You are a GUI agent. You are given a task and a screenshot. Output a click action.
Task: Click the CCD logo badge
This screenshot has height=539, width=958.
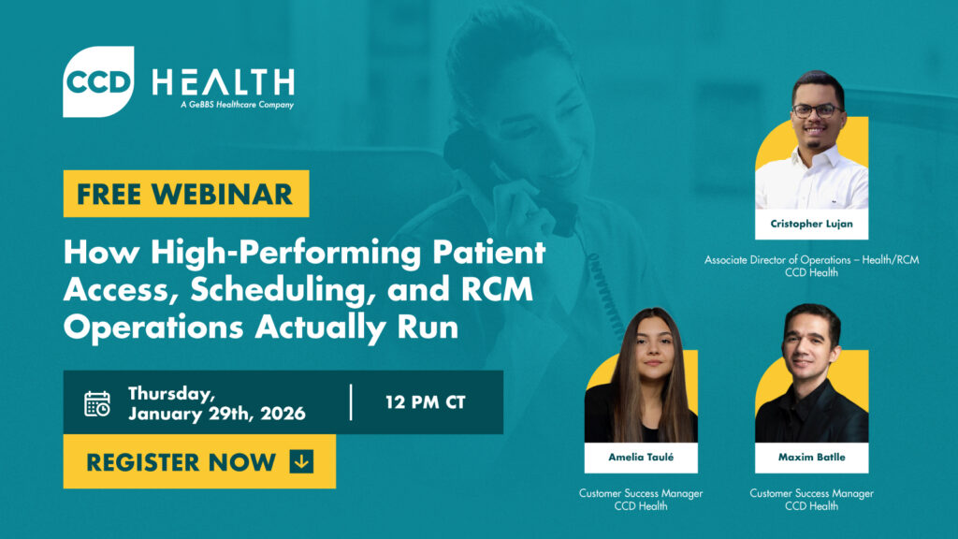[98, 81]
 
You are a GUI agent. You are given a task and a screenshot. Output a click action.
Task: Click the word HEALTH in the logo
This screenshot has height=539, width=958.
[224, 82]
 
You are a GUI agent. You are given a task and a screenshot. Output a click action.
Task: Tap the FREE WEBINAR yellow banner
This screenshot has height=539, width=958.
[185, 194]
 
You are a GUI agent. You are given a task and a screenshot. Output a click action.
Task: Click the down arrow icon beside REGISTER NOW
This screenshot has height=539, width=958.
[301, 461]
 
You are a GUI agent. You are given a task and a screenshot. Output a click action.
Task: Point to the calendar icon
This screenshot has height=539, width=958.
[97, 403]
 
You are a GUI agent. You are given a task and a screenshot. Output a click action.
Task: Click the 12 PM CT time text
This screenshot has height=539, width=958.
[426, 403]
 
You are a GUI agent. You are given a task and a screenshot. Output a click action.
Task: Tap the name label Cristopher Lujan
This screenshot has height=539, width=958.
[811, 225]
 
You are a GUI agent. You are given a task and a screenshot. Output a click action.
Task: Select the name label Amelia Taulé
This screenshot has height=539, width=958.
[641, 458]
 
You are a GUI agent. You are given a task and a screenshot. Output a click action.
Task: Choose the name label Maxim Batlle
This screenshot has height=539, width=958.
[811, 458]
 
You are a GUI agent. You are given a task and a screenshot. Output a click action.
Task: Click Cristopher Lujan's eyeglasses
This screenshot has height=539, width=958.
[813, 110]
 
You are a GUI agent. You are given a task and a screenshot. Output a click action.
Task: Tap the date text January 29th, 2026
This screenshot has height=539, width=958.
[217, 414]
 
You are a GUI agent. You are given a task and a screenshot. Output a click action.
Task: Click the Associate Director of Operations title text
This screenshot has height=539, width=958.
[811, 259]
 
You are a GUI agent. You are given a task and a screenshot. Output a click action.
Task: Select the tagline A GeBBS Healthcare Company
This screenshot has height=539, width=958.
[237, 105]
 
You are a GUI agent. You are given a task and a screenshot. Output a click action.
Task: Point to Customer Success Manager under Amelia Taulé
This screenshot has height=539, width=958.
[641, 493]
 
